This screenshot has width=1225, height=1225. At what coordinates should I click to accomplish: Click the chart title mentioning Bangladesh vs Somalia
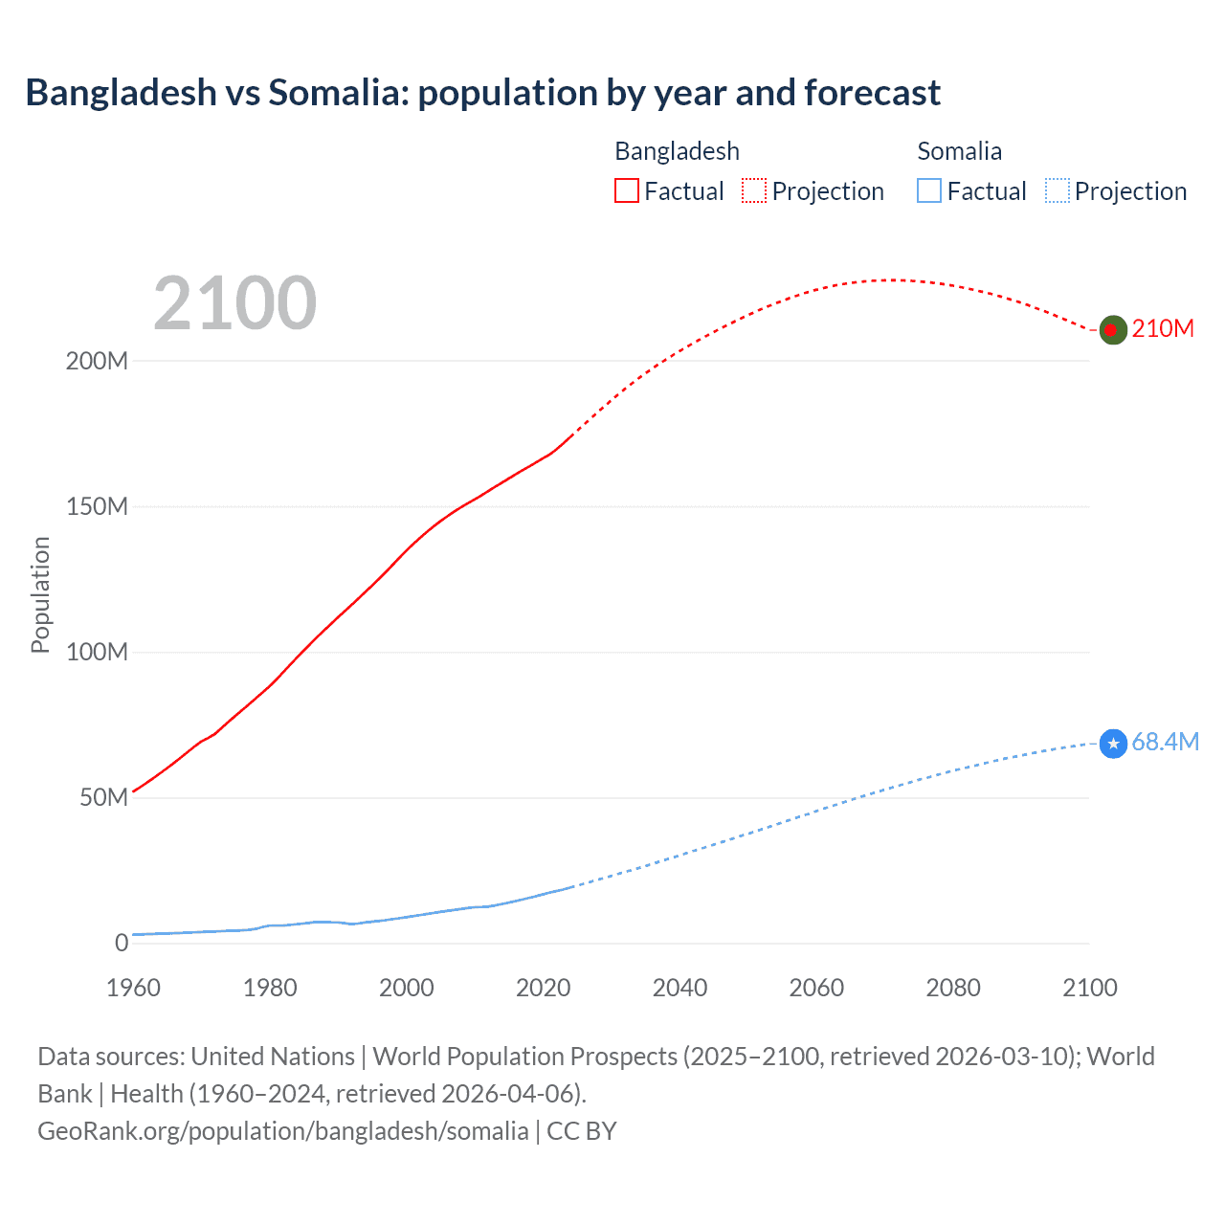[x=482, y=93]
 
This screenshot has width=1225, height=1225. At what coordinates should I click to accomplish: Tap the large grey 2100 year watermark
[x=234, y=303]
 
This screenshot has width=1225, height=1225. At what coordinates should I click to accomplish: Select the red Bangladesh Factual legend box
[x=626, y=190]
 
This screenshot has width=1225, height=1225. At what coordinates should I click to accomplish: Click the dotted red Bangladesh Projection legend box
[x=754, y=190]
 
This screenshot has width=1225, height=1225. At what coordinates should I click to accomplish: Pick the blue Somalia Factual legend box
[x=928, y=190]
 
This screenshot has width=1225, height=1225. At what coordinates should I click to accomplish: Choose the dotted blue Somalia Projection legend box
[x=1057, y=190]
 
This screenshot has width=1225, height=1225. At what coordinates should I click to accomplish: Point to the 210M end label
[x=1163, y=328]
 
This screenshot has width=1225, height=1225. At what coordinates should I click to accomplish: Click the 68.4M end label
[x=1165, y=742]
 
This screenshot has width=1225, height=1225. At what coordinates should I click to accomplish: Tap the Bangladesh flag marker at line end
[x=1112, y=329]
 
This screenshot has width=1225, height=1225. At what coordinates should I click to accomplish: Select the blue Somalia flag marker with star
[x=1113, y=743]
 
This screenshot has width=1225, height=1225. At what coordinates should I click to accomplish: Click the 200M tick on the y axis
[x=97, y=362]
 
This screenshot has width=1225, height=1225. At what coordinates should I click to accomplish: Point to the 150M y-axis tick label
[x=97, y=507]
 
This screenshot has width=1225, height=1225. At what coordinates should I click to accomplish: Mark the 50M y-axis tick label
[x=103, y=798]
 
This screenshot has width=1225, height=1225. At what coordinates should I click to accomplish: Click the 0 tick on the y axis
[x=122, y=944]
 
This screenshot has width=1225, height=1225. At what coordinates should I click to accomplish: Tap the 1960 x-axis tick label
[x=133, y=988]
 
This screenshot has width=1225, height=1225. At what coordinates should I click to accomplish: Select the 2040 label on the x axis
[x=679, y=988]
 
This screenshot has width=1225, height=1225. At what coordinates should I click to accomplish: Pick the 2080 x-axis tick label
[x=952, y=988]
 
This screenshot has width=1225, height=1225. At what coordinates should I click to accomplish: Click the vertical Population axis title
[x=40, y=594]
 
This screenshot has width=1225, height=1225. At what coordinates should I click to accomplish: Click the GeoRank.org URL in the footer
[x=282, y=1131]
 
